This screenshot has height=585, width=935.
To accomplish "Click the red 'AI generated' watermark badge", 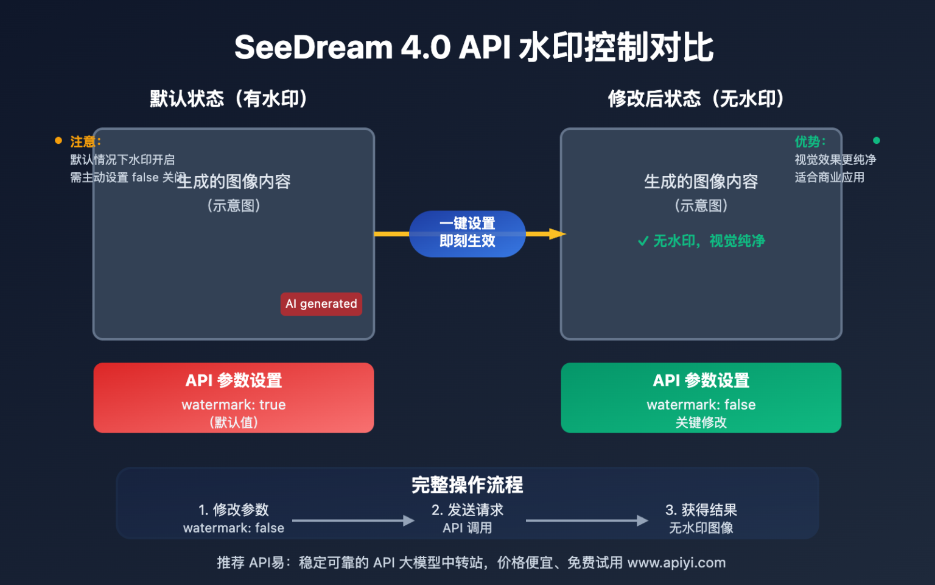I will [x=321, y=303].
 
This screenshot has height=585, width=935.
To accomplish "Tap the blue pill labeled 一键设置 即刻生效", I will [x=467, y=233].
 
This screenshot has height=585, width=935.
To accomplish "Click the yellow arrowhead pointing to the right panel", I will [x=557, y=234].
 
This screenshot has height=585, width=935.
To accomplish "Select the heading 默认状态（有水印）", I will [x=229, y=99].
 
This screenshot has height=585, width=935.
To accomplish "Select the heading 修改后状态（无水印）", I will [x=696, y=99].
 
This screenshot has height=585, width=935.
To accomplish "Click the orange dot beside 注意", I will [x=58, y=141].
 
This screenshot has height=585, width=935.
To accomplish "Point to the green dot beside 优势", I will [x=877, y=141].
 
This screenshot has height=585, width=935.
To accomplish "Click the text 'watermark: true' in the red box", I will [x=234, y=405].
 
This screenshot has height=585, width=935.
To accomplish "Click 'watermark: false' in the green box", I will [x=701, y=405].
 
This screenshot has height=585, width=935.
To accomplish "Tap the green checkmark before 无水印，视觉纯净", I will [x=643, y=241].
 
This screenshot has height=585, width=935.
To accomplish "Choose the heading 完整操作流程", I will [x=467, y=485].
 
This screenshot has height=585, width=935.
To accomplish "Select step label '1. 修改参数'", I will [x=234, y=509].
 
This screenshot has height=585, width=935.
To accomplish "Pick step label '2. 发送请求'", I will [x=467, y=509].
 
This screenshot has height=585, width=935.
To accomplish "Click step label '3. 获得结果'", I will [x=701, y=509].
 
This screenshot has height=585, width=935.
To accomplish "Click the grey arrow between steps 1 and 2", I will [x=353, y=520].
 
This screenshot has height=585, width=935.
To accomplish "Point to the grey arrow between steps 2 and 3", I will [x=587, y=520].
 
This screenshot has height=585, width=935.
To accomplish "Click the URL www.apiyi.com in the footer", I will [x=676, y=562].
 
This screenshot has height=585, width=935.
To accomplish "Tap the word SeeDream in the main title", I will [x=313, y=48].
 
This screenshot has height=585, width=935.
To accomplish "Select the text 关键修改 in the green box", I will [x=701, y=422].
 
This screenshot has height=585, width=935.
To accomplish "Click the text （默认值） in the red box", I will [x=234, y=422].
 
